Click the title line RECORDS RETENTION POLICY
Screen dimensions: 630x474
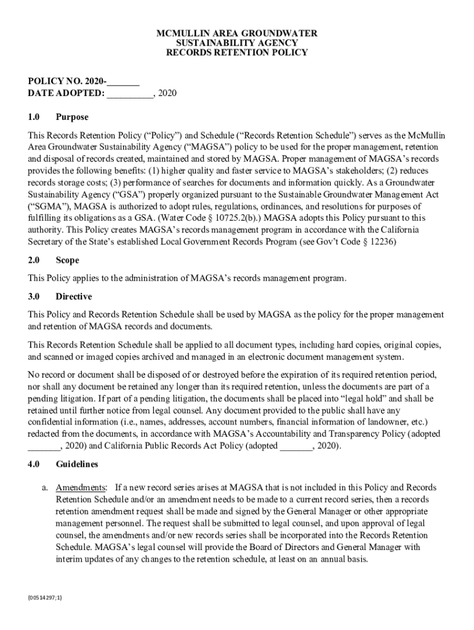pos(237,53)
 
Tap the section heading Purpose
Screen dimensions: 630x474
pos(72,117)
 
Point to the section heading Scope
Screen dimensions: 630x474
pos(67,260)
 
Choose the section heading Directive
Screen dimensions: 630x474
pos(73,297)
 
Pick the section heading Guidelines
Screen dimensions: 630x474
pos(76,463)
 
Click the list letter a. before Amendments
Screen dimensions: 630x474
pos(46,488)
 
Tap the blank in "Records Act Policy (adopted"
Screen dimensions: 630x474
pos(296,445)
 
